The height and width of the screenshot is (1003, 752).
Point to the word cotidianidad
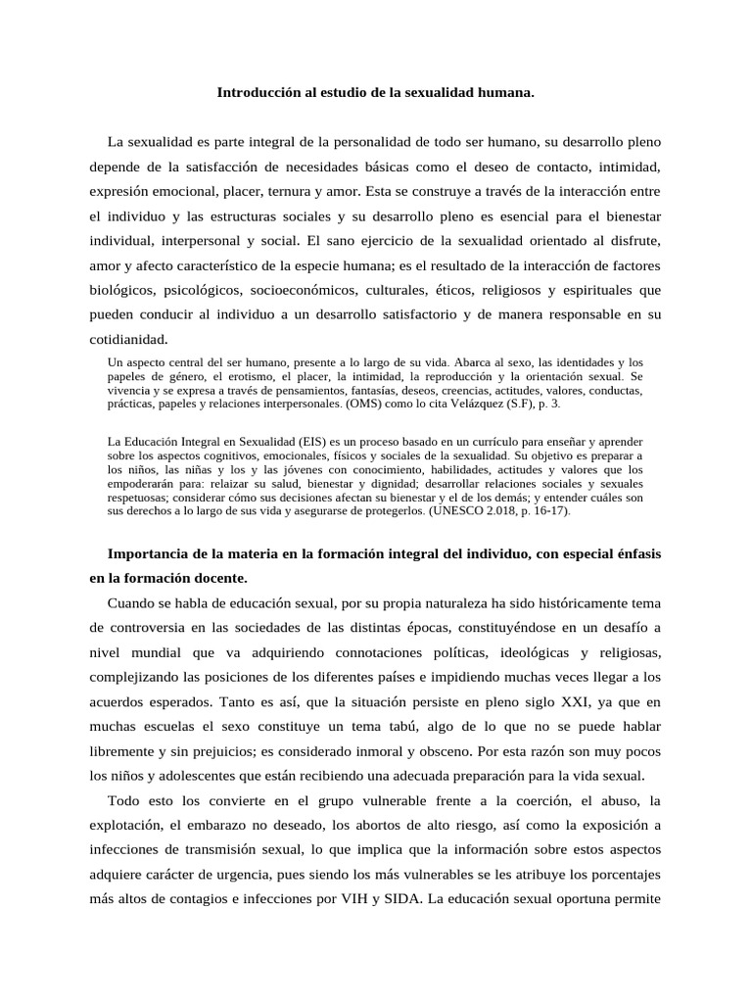pyautogui.click(x=128, y=340)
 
